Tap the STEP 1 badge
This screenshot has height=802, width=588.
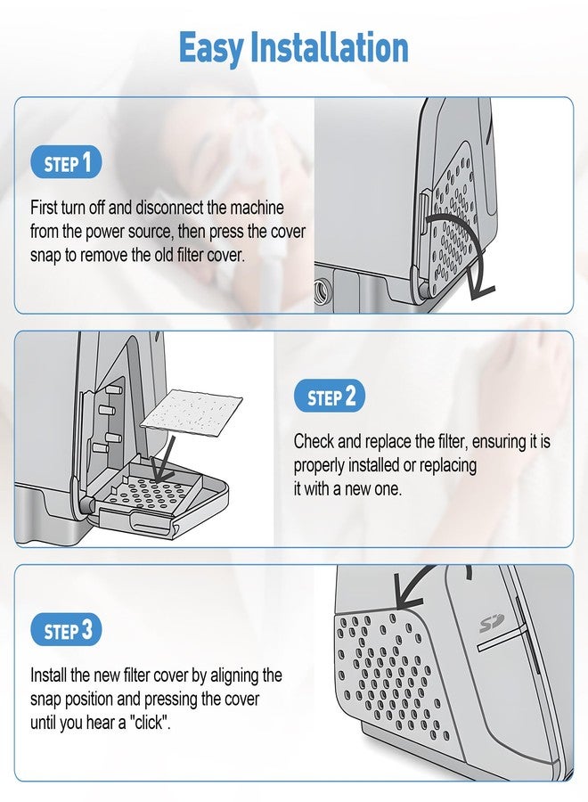(x=67, y=163)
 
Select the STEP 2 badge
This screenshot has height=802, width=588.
(x=330, y=396)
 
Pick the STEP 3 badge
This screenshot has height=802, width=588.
(x=67, y=630)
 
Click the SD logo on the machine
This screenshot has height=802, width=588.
(x=492, y=624)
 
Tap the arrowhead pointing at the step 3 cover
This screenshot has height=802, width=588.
(x=407, y=593)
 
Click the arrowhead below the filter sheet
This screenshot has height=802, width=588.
(x=163, y=470)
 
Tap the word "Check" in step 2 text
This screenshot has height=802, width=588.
(x=314, y=441)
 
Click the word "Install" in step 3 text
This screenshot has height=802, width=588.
(x=48, y=675)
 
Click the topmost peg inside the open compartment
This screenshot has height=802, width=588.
(x=112, y=389)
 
